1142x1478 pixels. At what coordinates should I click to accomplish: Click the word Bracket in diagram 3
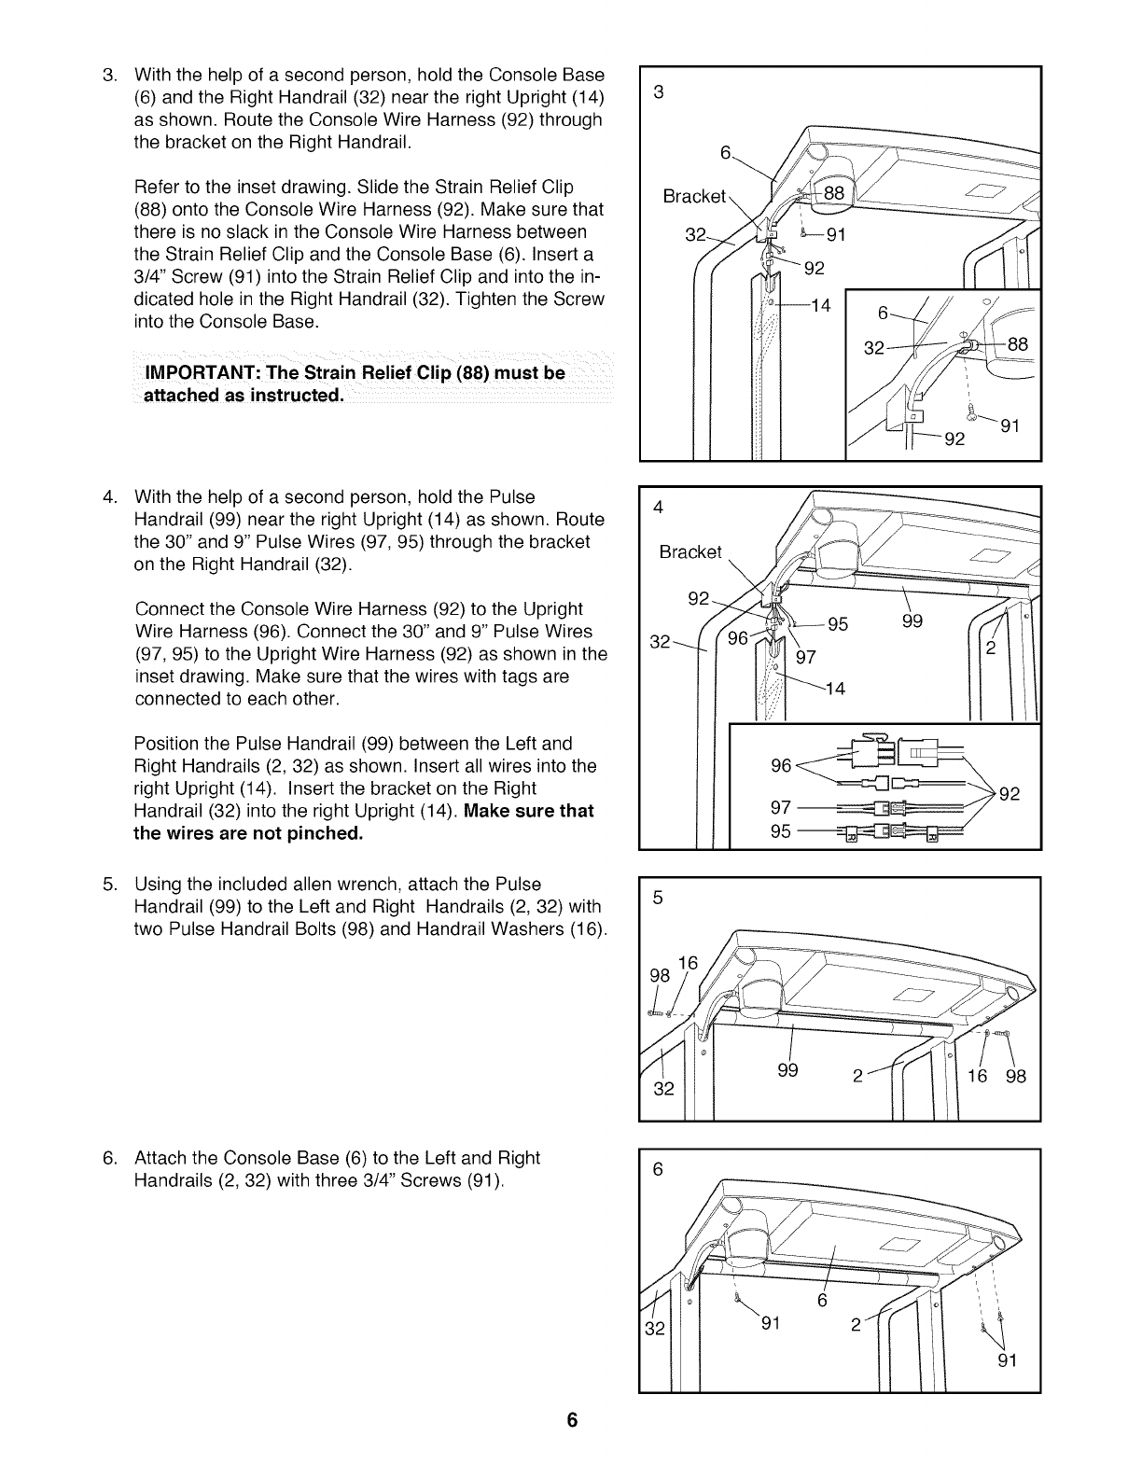[693, 197]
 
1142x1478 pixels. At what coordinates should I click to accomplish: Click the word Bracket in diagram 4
[690, 551]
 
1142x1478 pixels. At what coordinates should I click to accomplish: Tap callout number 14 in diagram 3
[820, 304]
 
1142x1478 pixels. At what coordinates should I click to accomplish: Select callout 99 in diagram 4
[913, 621]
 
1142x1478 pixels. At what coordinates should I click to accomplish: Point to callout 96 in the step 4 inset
[781, 766]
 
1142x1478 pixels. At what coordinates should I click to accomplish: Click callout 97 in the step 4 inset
[781, 807]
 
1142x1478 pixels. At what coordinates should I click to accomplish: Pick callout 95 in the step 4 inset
[781, 830]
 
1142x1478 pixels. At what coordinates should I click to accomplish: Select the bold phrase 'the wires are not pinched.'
[248, 833]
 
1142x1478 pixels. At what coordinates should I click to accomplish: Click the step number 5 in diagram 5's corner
[658, 899]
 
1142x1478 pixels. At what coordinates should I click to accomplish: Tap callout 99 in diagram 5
[788, 1070]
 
